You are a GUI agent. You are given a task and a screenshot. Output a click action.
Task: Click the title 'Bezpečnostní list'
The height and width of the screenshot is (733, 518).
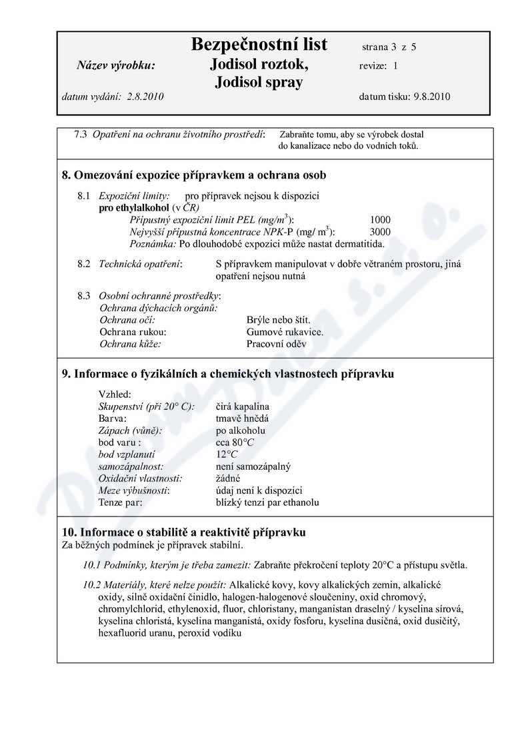(259, 45)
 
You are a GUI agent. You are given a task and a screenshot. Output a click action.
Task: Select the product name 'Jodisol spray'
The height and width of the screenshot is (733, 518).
(259, 82)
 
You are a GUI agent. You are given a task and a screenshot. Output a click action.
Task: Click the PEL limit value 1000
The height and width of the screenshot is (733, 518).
(379, 220)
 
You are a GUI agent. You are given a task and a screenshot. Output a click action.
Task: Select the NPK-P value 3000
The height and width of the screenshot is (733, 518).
(379, 232)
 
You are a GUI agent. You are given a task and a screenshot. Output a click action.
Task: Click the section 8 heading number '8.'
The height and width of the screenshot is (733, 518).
(66, 176)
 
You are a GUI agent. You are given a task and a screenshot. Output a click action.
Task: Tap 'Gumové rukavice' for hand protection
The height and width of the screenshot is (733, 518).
(285, 332)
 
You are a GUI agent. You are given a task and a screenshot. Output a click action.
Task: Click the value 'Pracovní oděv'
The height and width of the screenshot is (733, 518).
(276, 344)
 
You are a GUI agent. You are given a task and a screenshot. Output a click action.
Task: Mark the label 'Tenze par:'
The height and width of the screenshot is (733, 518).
(121, 502)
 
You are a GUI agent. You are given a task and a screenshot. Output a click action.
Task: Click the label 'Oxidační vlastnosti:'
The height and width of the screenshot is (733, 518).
(141, 478)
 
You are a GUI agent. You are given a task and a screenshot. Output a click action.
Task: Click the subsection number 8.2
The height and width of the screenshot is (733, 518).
(83, 264)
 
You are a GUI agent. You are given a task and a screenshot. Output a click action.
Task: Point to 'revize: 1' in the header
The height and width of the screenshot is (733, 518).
(378, 65)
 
